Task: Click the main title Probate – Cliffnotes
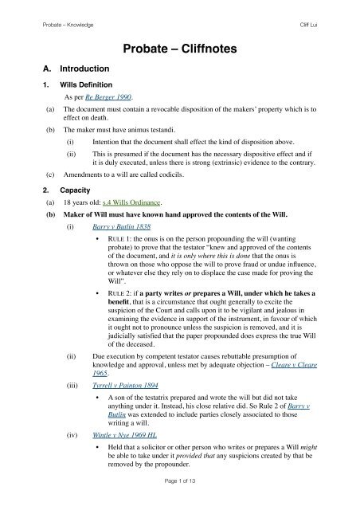point(179,50)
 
